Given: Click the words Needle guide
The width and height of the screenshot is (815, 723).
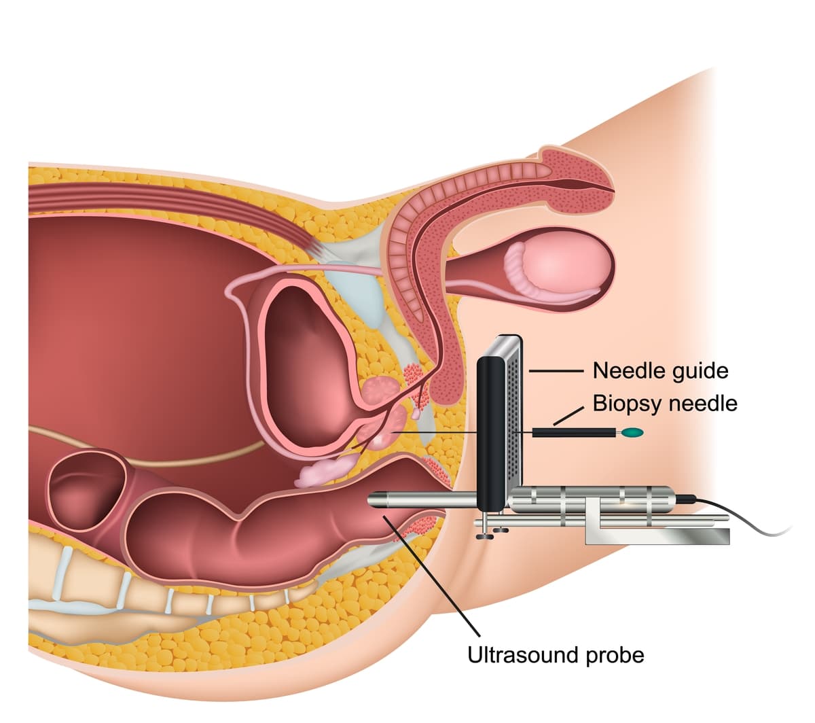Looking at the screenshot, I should click(659, 371).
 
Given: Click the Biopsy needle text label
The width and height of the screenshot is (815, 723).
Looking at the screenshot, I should click(664, 404).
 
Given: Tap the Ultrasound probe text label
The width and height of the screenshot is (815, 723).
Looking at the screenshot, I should click(556, 655).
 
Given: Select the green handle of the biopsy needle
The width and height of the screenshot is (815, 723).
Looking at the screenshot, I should click(633, 432).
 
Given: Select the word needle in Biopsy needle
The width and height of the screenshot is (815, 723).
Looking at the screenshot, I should click(703, 404).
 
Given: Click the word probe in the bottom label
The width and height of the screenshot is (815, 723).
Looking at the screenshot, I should click(615, 655).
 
